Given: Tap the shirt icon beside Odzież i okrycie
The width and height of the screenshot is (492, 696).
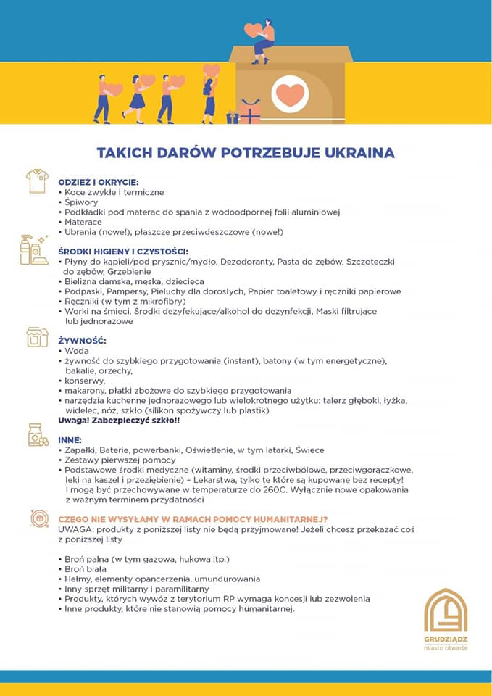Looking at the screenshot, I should pos(36,181).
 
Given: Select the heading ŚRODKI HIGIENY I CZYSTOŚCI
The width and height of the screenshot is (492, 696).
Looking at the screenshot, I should pos(122,251).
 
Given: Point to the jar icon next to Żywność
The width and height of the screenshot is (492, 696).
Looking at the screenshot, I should pos(36,337).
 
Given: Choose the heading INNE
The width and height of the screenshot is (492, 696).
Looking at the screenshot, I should pos(70,439).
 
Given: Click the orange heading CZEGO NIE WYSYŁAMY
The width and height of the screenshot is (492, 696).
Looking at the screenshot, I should pos(193,519).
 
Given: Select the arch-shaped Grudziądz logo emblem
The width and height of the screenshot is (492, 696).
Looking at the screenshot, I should pos(446,611).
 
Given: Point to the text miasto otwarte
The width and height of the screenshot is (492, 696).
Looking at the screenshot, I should pos(446,647).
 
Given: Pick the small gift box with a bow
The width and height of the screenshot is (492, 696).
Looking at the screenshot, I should pos(250,112).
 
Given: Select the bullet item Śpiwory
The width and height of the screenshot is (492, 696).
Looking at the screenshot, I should pos(81,202).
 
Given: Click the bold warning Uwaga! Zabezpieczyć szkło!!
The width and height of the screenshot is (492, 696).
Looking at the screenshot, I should pos(119,420).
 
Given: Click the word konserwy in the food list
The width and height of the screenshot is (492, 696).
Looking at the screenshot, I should pos(86,380).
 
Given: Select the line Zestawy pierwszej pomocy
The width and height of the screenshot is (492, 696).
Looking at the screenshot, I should pos(120,460).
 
